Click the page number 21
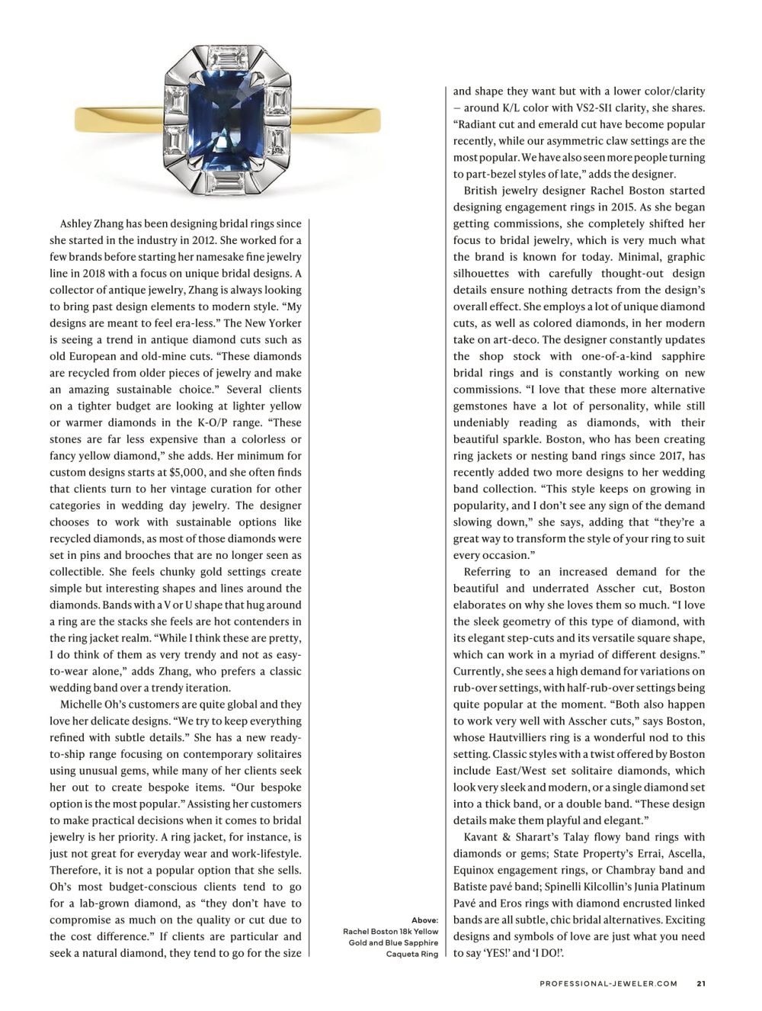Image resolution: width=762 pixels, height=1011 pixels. [x=700, y=984]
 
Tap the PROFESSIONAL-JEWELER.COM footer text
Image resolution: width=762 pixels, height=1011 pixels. [x=608, y=984]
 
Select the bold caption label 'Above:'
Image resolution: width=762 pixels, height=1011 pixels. [x=425, y=920]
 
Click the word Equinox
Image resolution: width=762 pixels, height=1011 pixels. [x=478, y=870]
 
